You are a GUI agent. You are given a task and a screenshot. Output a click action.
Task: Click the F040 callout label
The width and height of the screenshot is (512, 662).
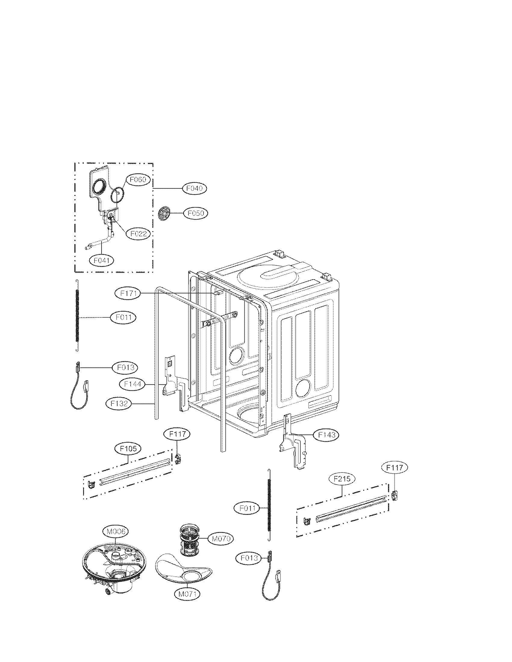tap(195, 189)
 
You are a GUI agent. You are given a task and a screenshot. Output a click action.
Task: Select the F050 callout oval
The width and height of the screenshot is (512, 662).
tap(196, 213)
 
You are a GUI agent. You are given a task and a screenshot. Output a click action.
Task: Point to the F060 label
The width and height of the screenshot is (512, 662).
tap(138, 180)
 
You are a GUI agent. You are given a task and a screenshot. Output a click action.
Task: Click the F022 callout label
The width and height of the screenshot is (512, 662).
tap(138, 234)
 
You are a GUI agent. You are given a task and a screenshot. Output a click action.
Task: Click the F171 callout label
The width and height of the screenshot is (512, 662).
tap(128, 293)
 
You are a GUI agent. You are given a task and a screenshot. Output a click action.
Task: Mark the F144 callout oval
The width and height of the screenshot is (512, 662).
tap(132, 384)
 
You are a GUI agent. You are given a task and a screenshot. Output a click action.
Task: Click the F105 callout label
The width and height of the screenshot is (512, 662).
tap(128, 449)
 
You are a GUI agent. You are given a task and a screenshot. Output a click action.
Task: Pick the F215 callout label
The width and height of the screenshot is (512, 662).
tap(342, 479)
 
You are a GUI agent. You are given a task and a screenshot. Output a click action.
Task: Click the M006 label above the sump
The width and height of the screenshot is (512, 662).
tap(116, 531)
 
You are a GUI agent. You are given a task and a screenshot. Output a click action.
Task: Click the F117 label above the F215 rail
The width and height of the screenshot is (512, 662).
tap(395, 468)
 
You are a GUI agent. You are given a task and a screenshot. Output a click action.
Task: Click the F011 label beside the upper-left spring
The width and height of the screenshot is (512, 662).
tap(123, 318)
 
